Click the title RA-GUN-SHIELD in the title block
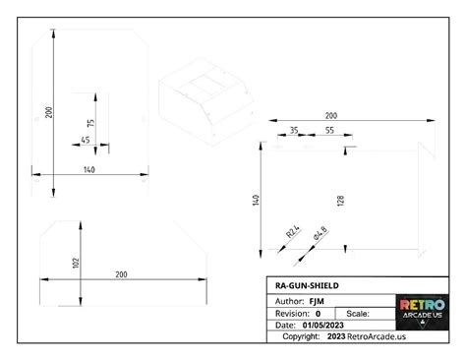coord(307,286)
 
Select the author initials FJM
coord(316,299)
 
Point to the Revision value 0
coord(318,312)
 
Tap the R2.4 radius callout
coord(292,233)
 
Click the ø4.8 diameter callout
coord(319,234)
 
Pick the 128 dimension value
coord(340,201)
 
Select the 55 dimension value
coord(329,131)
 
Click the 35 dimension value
coord(293,131)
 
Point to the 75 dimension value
coord(91,123)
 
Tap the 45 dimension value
coord(85,141)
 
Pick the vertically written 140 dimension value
coord(256,201)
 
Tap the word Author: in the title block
coord(290,299)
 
